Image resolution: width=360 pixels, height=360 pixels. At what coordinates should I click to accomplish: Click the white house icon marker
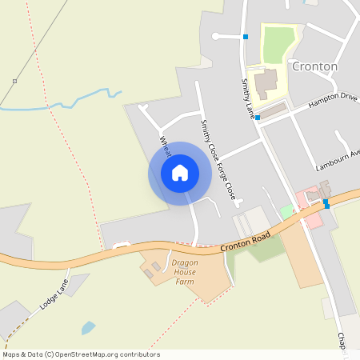point(180,173)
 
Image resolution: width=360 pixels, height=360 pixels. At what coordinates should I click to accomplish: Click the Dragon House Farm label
point(185,272)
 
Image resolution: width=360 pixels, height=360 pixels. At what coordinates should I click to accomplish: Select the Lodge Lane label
point(54,295)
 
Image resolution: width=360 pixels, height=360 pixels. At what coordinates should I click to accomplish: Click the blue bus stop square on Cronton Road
point(326,204)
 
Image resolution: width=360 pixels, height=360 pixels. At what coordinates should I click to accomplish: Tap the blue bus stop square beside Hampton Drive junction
point(257,117)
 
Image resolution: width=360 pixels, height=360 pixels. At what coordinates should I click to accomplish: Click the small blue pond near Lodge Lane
point(88,327)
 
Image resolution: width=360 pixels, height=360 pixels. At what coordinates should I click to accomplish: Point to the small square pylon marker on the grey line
point(14,82)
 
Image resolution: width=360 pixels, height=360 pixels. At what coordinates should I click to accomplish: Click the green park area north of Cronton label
point(278,44)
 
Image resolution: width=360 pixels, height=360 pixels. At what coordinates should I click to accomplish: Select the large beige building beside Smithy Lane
point(266,82)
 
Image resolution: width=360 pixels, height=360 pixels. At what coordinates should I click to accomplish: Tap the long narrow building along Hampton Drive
point(274,110)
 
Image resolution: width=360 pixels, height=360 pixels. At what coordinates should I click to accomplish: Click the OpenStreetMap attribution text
point(81,354)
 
